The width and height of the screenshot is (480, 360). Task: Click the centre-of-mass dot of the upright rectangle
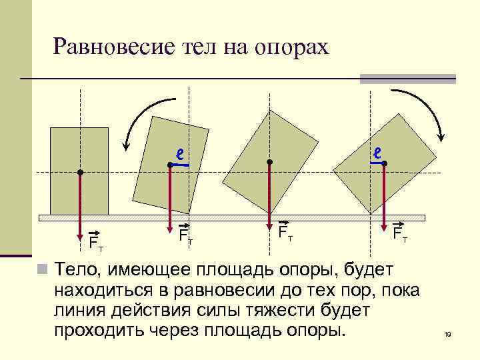point(80,173)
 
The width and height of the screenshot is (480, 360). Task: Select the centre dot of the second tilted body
point(170,164)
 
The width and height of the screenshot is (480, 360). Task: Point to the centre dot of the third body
point(269,162)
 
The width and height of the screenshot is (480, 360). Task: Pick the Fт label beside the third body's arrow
point(285,232)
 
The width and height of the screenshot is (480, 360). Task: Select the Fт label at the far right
point(400,233)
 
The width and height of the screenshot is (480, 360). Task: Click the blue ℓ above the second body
point(179,153)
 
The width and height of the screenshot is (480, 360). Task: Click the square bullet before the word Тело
point(42,269)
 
